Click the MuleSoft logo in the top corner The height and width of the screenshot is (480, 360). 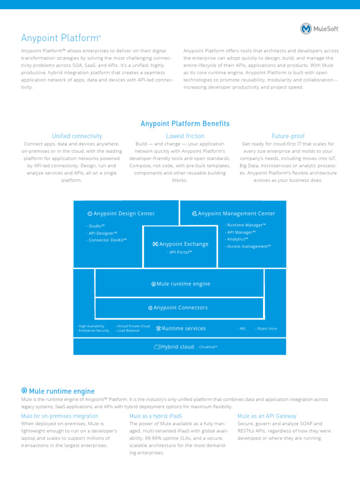[x=320, y=29]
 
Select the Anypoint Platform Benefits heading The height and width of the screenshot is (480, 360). [x=185, y=124]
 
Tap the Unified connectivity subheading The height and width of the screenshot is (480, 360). [x=77, y=136]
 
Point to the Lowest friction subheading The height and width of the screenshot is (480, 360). [x=185, y=136]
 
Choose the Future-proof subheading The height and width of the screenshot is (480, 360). [x=288, y=136]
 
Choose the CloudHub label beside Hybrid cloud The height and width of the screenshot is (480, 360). [x=207, y=347]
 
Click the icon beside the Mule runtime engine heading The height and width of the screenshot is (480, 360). [x=24, y=391]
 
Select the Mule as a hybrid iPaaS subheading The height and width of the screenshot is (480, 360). [x=156, y=416]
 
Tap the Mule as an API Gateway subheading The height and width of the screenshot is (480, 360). [x=267, y=416]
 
